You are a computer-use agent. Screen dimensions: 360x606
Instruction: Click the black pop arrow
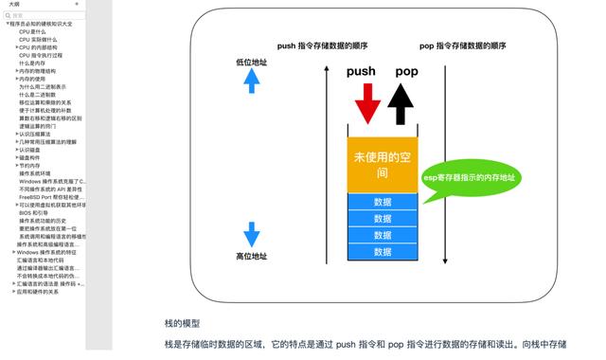pyautogui.click(x=402, y=103)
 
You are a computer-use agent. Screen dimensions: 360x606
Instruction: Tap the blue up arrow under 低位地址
pyautogui.click(x=252, y=81)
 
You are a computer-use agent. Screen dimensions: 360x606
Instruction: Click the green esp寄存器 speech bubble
pyautogui.click(x=471, y=178)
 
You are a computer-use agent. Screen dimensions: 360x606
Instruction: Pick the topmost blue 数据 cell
pyautogui.click(x=383, y=203)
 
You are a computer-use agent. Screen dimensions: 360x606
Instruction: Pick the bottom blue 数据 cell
pyautogui.click(x=383, y=252)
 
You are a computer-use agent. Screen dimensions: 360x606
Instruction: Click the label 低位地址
pyautogui.click(x=252, y=63)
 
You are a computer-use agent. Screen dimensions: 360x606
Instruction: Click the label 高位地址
pyautogui.click(x=252, y=257)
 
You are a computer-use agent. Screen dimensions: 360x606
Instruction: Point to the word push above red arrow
pyautogui.click(x=361, y=72)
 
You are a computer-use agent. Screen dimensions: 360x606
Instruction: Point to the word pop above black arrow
pyautogui.click(x=406, y=72)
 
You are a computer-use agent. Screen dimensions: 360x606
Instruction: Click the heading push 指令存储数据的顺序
pyautogui.click(x=323, y=45)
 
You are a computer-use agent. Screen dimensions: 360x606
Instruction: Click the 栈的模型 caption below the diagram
pyautogui.click(x=182, y=323)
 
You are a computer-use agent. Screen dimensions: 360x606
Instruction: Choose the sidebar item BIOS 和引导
pyautogui.click(x=32, y=212)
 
